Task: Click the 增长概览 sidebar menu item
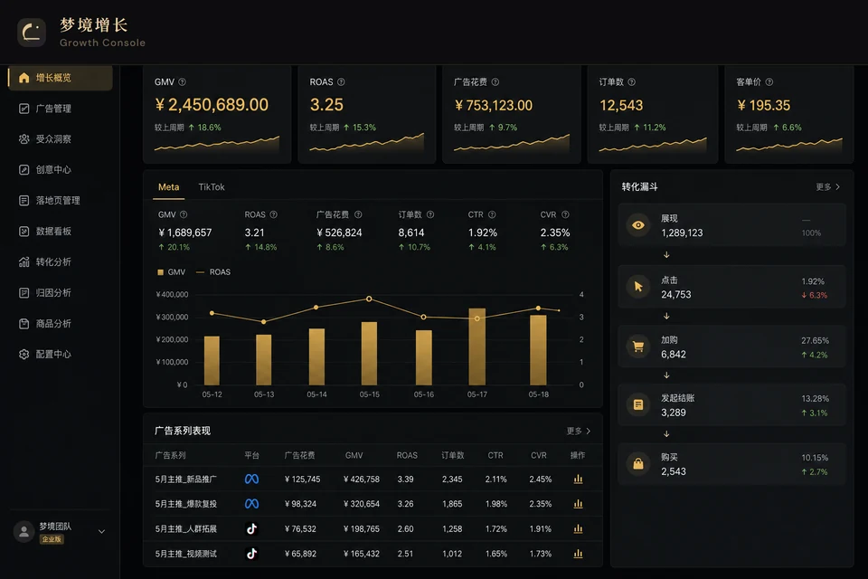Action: (x=61, y=78)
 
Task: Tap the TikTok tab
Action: (x=212, y=187)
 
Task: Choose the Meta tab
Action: (x=168, y=187)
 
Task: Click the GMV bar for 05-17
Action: (x=477, y=346)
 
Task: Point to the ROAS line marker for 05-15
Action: (x=369, y=299)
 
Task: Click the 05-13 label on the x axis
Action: (x=264, y=394)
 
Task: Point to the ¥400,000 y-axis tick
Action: (x=172, y=295)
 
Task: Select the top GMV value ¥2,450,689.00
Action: (x=212, y=105)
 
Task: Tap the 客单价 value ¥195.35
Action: (x=763, y=105)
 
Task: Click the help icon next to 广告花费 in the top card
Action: (x=495, y=82)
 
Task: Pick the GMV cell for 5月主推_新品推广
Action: (x=362, y=479)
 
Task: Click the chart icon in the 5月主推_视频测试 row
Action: (x=578, y=554)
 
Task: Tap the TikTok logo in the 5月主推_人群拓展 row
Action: (x=252, y=528)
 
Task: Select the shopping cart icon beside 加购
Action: (x=638, y=346)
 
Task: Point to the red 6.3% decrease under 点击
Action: (x=815, y=295)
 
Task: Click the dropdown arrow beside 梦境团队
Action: (x=102, y=531)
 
